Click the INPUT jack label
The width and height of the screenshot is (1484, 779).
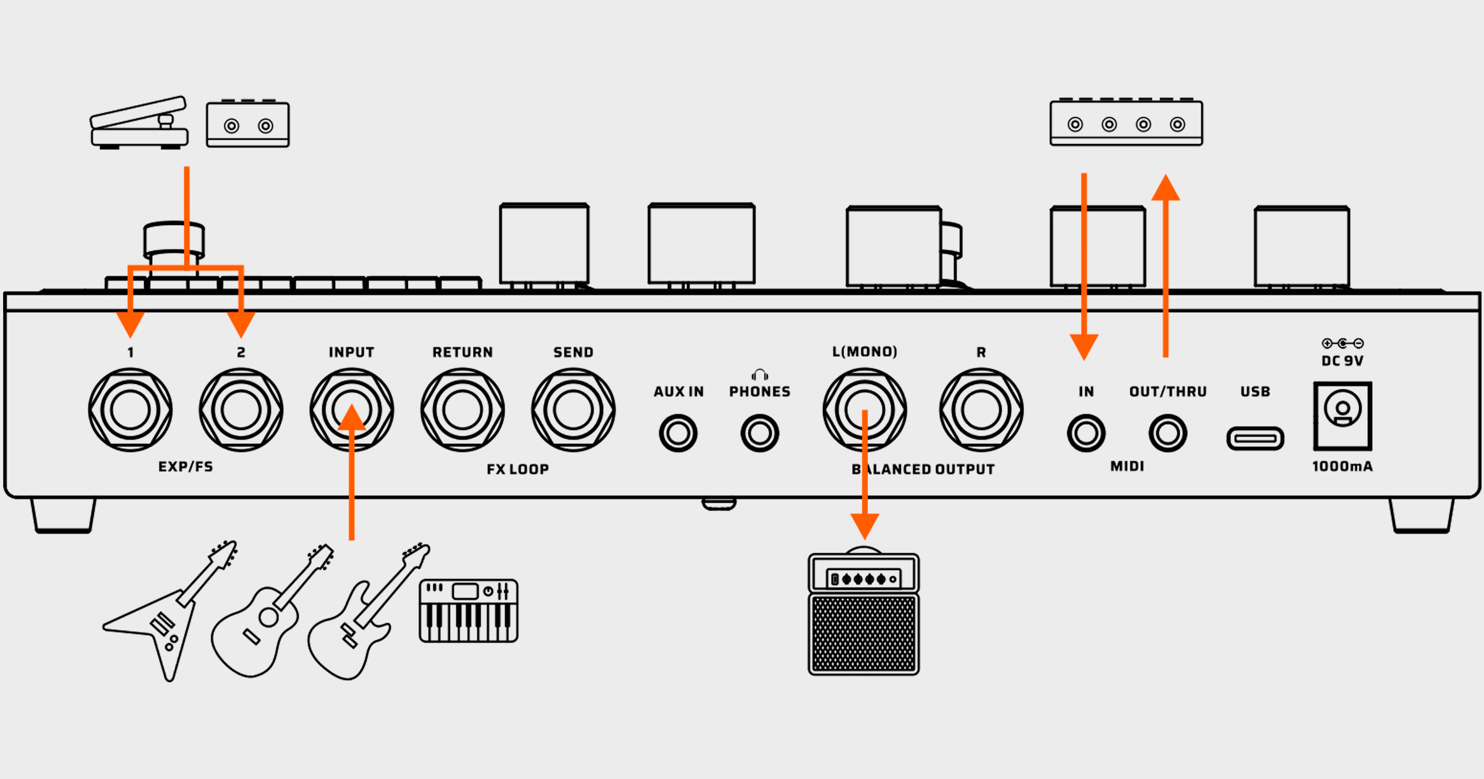[351, 352]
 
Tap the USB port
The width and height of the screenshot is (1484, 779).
[1255, 438]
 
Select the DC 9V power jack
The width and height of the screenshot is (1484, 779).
[1342, 415]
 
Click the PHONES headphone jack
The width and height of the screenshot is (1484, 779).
[759, 433]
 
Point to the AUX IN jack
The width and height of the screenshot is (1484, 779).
[678, 433]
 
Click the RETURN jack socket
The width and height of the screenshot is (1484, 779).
[463, 410]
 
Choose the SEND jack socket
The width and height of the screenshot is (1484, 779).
[573, 410]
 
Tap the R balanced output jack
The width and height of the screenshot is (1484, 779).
[981, 410]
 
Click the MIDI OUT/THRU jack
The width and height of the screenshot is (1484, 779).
[1167, 433]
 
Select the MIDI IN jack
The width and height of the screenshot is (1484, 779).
[1086, 433]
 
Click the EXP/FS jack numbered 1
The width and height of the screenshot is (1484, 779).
[130, 410]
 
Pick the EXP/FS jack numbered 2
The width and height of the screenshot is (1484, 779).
[241, 410]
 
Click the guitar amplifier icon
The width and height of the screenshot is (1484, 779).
[864, 612]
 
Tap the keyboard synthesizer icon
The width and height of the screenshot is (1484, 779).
[469, 611]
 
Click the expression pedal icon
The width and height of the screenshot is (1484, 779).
[139, 124]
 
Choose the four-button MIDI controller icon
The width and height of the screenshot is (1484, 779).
[1126, 123]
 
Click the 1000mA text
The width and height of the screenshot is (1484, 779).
[1342, 467]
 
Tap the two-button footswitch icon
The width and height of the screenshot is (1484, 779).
[248, 124]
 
